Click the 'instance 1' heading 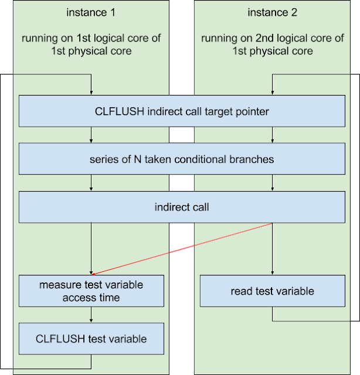(x=91, y=13)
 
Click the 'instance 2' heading (x=273, y=13)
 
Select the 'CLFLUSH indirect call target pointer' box (x=182, y=111)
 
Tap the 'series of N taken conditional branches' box (x=182, y=159)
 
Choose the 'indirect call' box (x=182, y=207)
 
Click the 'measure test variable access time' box (x=91, y=291)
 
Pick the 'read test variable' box (x=273, y=291)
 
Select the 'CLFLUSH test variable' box (x=91, y=339)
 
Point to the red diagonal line (x=182, y=248)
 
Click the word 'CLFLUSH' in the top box (x=115, y=111)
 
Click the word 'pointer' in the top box (x=253, y=111)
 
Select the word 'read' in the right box (x=241, y=291)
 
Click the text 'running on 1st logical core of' (x=91, y=39)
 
